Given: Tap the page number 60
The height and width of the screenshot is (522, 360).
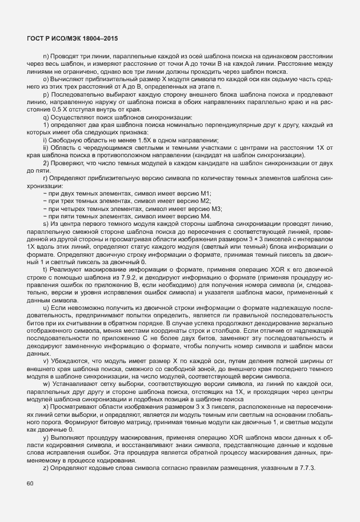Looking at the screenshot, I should tap(30, 483).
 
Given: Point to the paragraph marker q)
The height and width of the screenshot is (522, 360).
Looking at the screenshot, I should tap(46, 117).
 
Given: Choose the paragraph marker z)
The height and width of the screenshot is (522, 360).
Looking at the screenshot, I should tap(46, 468).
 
